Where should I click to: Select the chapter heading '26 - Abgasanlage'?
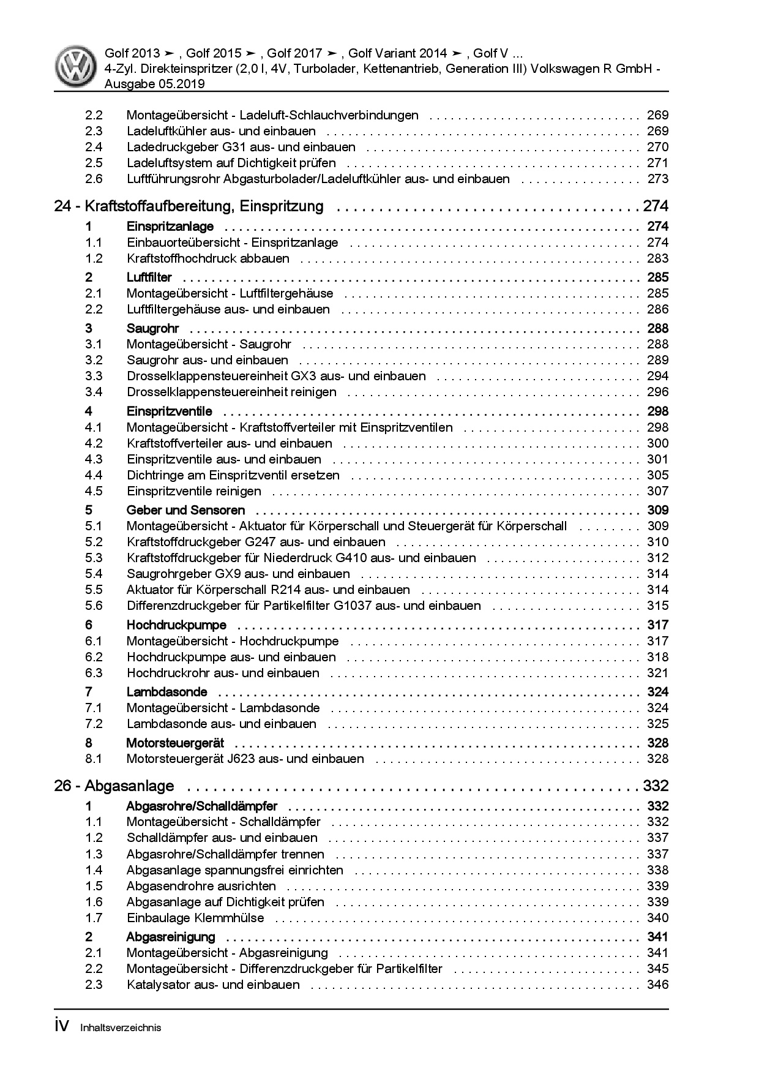pyautogui.click(x=114, y=786)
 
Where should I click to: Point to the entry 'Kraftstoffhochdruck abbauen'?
pyautogui.click(x=208, y=258)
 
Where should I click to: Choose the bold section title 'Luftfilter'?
pyautogui.click(x=149, y=277)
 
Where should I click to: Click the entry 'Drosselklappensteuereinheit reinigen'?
pyautogui.click(x=231, y=392)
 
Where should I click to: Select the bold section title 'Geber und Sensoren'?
pyautogui.click(x=185, y=510)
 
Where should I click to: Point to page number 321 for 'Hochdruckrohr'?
pyautogui.click(x=657, y=673)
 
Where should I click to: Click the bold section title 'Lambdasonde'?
pyautogui.click(x=166, y=692)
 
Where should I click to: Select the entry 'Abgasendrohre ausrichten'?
pyautogui.click(x=201, y=886)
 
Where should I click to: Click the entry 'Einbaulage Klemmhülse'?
pyautogui.click(x=195, y=918)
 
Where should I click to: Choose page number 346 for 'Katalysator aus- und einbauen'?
pyautogui.click(x=657, y=985)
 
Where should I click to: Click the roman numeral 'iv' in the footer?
pyautogui.click(x=64, y=1027)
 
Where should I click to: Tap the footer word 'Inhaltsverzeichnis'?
pyautogui.click(x=121, y=1028)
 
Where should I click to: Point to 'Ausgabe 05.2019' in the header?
pyautogui.click(x=154, y=84)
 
